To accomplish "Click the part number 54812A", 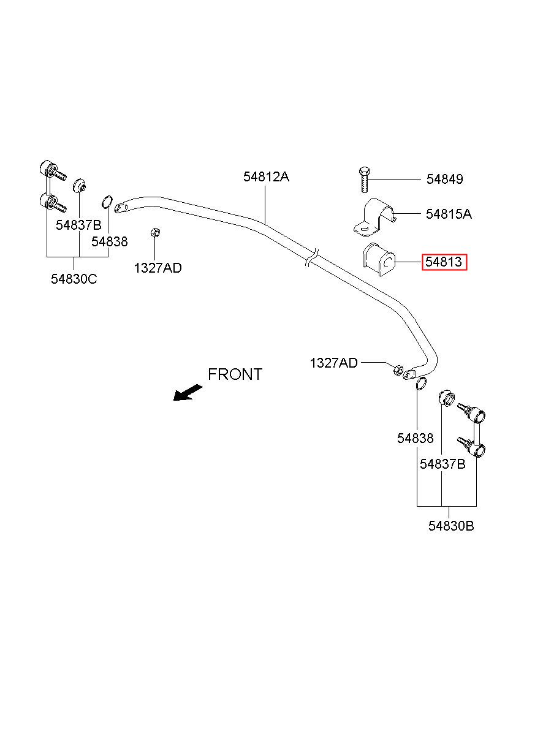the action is (266, 177).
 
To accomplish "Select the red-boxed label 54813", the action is (444, 262).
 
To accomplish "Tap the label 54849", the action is (444, 179).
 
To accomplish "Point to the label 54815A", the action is (449, 214).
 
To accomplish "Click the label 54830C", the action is (74, 279).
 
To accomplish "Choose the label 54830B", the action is (451, 526).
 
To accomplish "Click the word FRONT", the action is (235, 374).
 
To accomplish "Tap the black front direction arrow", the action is (188, 393).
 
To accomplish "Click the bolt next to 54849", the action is (364, 180).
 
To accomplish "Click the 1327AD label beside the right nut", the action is (333, 363).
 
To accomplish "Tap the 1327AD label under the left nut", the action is (158, 268).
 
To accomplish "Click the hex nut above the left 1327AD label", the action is (154, 232).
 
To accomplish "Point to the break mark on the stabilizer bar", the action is (312, 258).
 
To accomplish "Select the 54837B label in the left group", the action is (78, 225).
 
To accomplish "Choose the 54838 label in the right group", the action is (415, 438).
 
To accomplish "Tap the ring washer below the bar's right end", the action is (421, 384).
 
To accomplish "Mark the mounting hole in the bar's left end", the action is (118, 208).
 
